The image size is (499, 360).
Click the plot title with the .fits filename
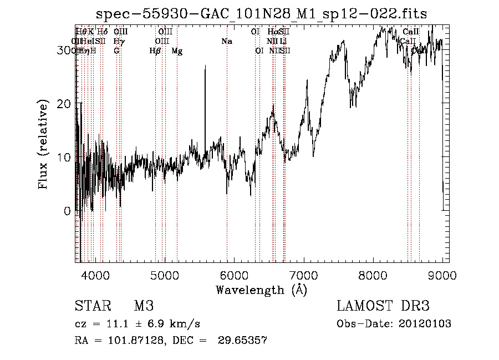tap(261, 14)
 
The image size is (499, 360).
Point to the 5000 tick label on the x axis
tap(165, 275)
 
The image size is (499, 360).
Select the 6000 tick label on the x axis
tap(234, 275)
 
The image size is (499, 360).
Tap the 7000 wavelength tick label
tap(303, 275)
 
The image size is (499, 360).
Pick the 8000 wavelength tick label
tap(373, 275)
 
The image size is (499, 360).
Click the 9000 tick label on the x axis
tap(442, 275)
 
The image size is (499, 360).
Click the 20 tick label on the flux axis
tap(65, 104)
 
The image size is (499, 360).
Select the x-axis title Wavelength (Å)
tap(261, 290)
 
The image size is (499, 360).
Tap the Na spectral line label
tap(226, 41)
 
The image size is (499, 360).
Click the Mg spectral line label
tap(177, 51)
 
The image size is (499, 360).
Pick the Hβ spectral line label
tap(155, 51)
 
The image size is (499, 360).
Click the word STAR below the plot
tap(92, 306)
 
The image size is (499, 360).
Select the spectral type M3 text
tap(143, 306)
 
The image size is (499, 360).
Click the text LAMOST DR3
tap(383, 306)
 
